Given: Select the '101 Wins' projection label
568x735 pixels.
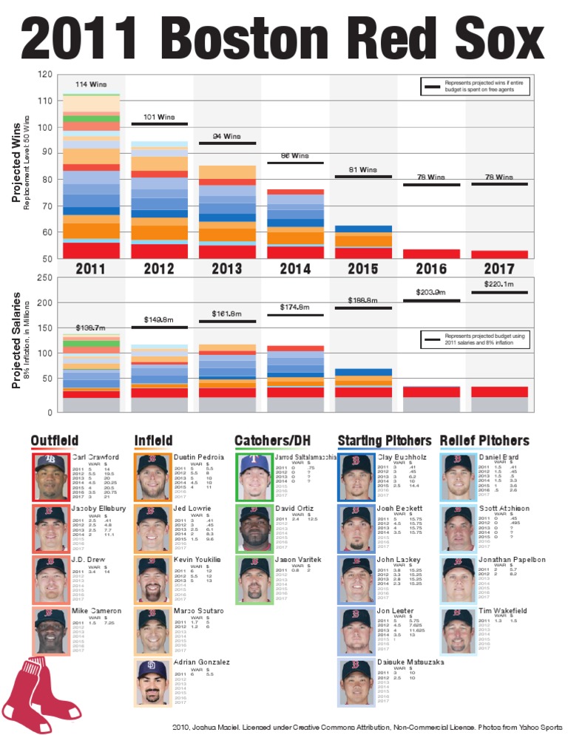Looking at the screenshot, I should pos(159,117).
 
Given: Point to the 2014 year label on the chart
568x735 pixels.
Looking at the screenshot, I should pos(294,268).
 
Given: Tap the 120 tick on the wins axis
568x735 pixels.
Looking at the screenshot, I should pos(44,75).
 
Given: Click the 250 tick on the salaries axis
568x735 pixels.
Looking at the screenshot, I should pos(44,278).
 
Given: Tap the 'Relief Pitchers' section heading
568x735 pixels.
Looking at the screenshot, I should pos(484,441).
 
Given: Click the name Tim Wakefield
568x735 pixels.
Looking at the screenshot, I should pos(503,611).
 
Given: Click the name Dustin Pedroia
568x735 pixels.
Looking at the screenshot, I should pos(198,458).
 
